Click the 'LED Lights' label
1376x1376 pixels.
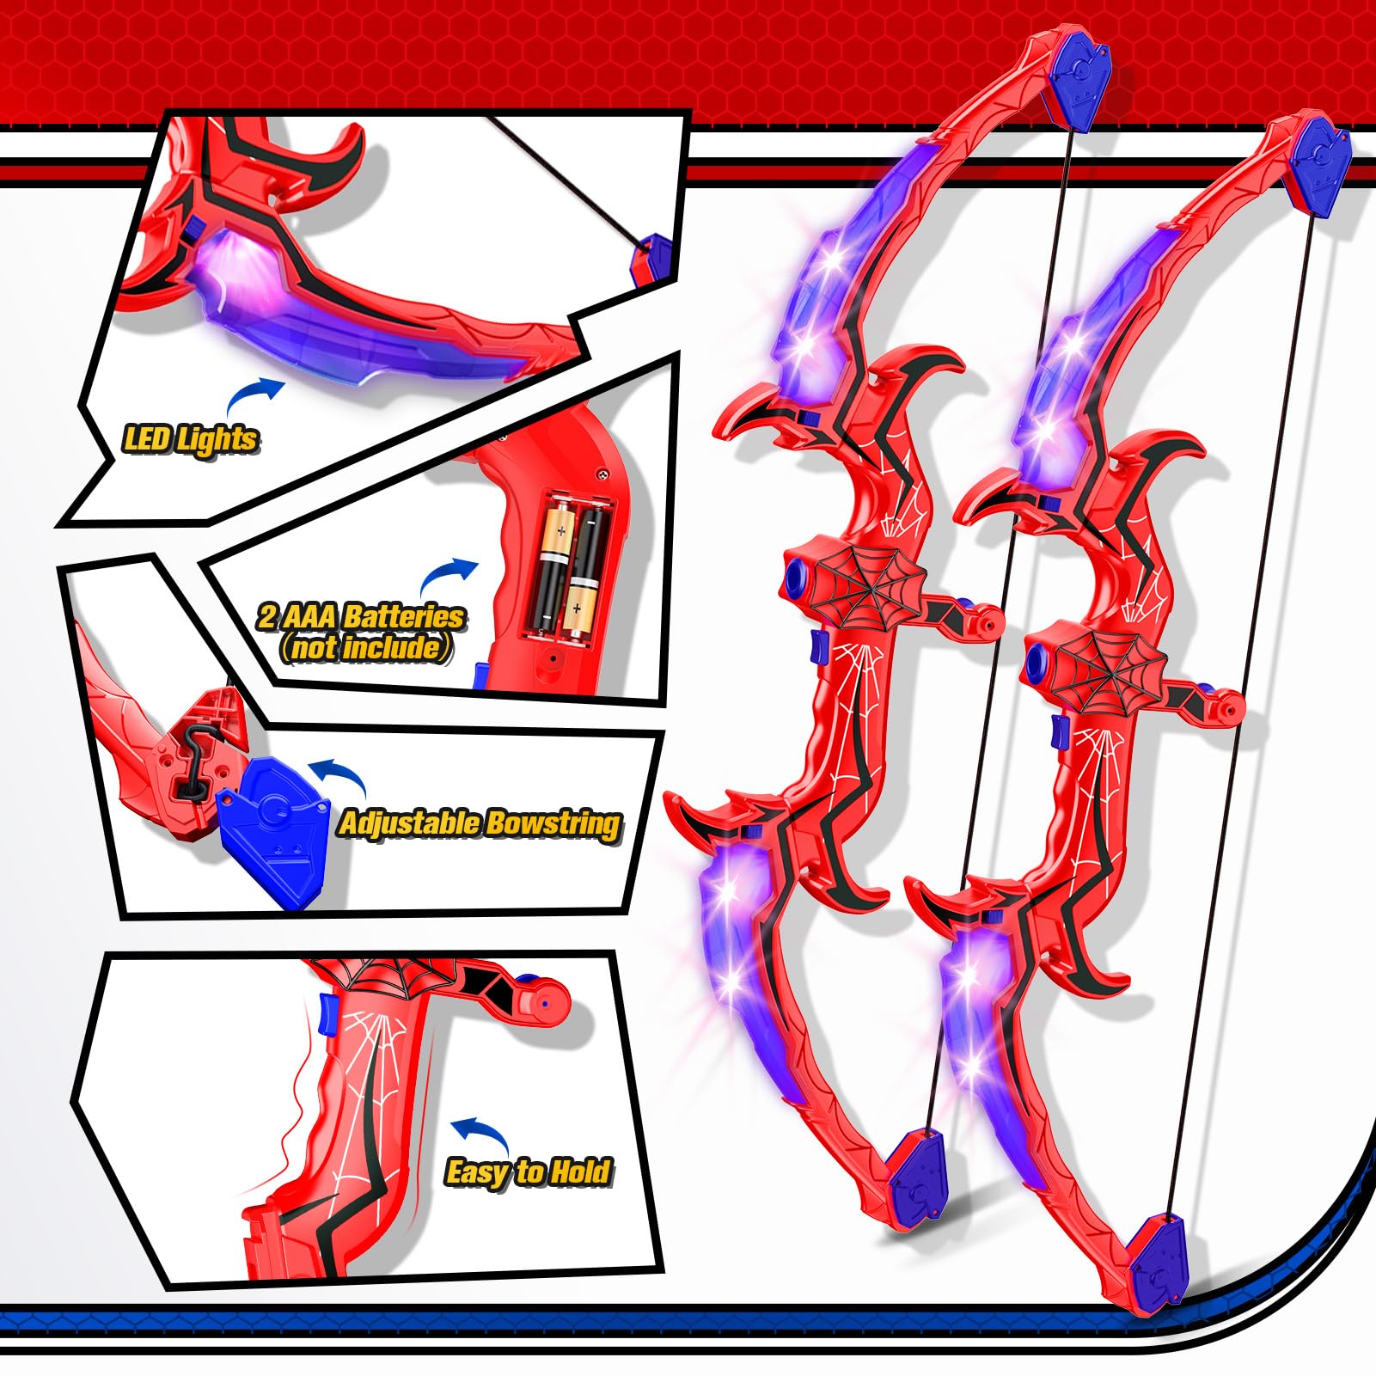click(190, 439)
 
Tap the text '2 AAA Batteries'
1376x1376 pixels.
click(361, 616)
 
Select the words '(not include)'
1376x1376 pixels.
click(365, 647)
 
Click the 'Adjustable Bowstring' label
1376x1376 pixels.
click(480, 823)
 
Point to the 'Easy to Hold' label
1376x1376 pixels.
click(528, 1171)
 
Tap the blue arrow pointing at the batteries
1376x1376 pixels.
click(448, 574)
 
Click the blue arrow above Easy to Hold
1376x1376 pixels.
click(480, 1133)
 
